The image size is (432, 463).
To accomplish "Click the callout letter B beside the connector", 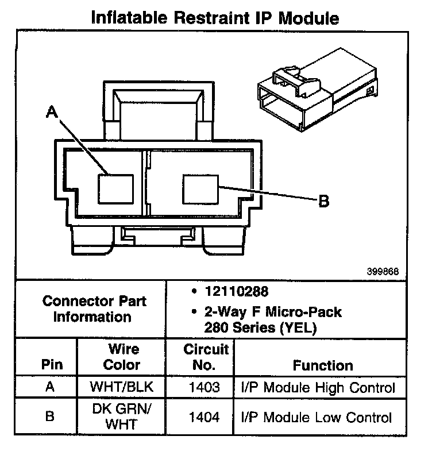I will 323,200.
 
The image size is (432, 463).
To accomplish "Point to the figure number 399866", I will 383,271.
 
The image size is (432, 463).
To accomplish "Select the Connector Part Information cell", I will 92,309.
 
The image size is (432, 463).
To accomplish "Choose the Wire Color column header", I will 123,357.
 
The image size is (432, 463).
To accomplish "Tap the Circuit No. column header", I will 206,357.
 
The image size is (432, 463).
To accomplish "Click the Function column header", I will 323,365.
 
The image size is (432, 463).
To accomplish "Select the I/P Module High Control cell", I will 318,387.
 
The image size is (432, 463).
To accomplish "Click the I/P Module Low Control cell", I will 317,417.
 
